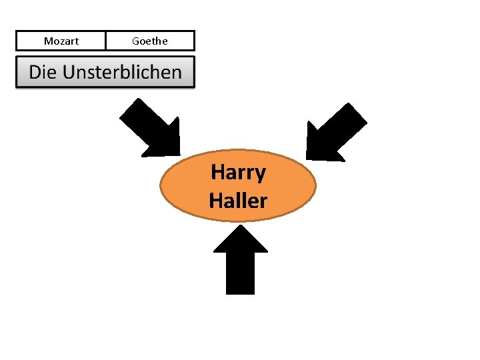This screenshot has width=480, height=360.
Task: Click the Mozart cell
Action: (61, 41)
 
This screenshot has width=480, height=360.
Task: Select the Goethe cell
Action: (150, 41)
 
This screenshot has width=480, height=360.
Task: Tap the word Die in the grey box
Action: (43, 73)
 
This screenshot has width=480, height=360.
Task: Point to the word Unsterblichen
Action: (122, 73)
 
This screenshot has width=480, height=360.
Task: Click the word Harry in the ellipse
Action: (238, 172)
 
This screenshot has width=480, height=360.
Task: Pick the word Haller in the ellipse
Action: (238, 200)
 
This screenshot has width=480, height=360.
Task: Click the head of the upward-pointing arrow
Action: (240, 239)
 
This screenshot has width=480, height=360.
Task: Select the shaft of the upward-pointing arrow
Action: (240, 273)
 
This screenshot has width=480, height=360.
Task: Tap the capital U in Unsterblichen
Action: (69, 73)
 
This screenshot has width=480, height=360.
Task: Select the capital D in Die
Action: (35, 73)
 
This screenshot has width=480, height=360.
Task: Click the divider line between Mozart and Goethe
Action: (105, 41)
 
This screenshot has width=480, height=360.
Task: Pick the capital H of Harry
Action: (217, 172)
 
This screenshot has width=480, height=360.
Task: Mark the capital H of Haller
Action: (215, 200)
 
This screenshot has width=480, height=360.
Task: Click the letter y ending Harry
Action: (260, 175)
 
